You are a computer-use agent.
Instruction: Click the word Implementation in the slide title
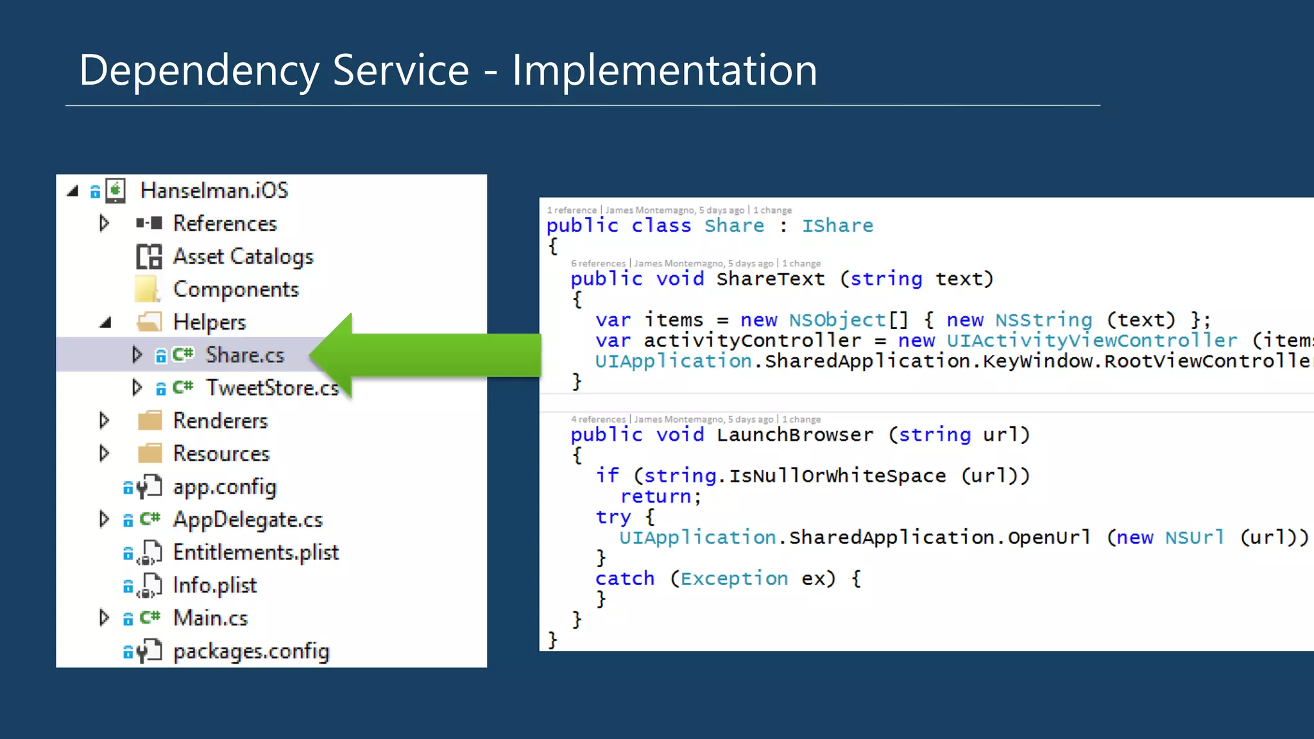coord(664,71)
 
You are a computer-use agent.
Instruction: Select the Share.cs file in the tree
coord(244,355)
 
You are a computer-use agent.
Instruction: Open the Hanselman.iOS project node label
coord(214,191)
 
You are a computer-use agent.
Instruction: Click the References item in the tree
coord(225,223)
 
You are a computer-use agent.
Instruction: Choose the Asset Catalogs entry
coord(243,257)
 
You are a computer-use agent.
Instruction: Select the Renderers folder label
coord(220,421)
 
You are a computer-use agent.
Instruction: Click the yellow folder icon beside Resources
coord(150,454)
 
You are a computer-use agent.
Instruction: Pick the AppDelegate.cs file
coord(248,520)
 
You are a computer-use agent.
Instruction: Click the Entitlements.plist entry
coord(255,552)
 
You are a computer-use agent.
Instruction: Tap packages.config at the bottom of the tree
coord(251,651)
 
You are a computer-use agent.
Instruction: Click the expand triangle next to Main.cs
coord(104,618)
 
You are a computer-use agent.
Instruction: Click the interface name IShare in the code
coord(837,226)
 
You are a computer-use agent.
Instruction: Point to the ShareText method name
coord(771,279)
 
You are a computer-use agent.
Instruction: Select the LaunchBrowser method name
coord(794,435)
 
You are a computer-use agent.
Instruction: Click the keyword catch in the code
coord(625,579)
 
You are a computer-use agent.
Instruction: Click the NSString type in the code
coord(1044,320)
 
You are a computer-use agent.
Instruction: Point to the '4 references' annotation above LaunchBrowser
coord(598,420)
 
